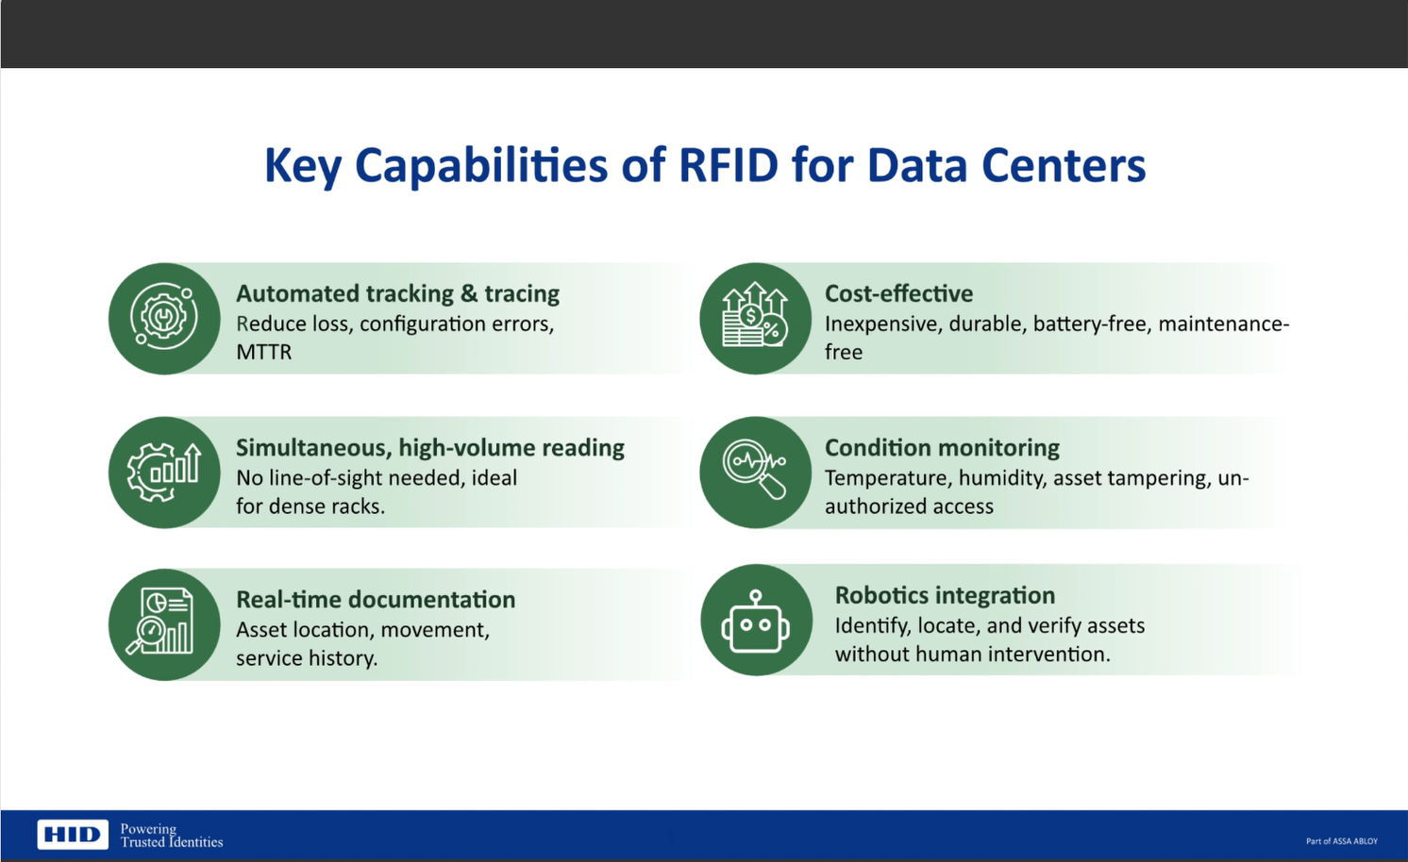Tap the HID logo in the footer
pos(73,835)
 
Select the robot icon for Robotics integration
pos(756,622)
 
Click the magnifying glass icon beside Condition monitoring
pos(755,472)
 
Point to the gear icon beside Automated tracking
pos(164,319)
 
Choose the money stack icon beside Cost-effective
pos(755,319)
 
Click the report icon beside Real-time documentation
pos(164,623)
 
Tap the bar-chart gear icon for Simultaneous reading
pos(164,472)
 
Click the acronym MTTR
pos(263,353)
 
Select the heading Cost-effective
pos(898,294)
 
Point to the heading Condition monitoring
pos(942,448)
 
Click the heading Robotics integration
pos(945,596)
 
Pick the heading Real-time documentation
pos(376,600)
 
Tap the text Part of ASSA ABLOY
pos(1341,841)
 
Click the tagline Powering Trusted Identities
pos(171,836)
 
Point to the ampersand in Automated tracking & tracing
pos(469,294)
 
